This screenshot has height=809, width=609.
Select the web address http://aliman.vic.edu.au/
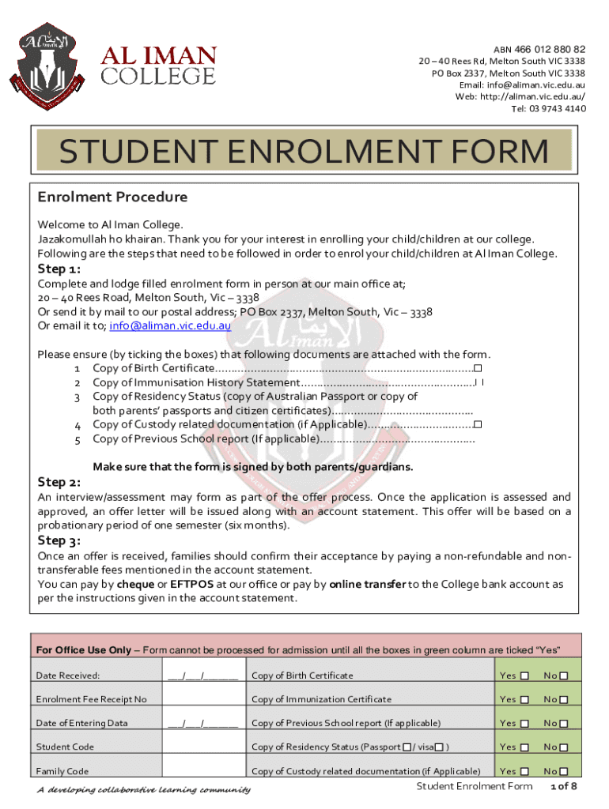531,96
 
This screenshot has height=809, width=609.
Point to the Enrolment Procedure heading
112,197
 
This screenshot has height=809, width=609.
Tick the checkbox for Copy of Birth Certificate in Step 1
478,368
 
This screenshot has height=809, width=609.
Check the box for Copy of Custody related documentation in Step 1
478,425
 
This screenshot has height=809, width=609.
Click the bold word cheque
135,584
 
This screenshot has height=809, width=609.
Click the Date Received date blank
202,675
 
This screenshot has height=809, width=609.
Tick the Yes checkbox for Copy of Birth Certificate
524,675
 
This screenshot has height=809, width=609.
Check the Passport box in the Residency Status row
407,747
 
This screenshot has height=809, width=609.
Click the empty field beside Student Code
202,747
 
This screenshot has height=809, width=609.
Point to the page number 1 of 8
563,787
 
